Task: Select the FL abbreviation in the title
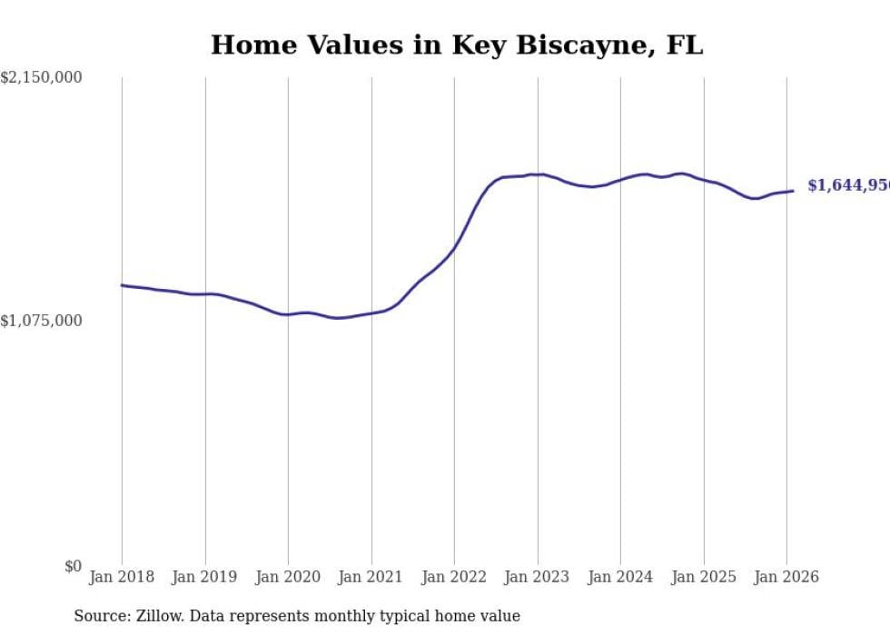point(684,45)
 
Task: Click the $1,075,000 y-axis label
point(41,321)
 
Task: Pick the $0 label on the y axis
point(73,566)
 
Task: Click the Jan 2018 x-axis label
point(122,577)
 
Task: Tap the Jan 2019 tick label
point(205,577)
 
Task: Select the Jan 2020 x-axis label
point(288,577)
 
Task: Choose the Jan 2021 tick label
point(371,577)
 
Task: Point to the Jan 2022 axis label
point(454,577)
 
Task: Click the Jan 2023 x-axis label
point(537,577)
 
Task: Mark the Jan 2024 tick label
point(620,577)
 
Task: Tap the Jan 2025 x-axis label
point(703,577)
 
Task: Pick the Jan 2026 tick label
point(786,577)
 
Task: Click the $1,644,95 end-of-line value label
point(848,185)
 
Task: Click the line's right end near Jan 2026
point(793,191)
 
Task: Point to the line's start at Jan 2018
point(122,285)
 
